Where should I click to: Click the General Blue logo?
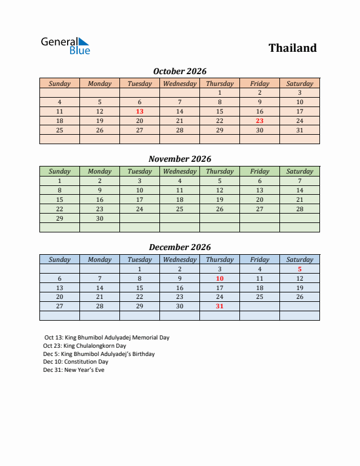65,46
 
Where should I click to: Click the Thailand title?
292,48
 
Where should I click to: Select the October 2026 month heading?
179,71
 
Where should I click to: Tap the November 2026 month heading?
179,159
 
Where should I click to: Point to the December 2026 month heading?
179,247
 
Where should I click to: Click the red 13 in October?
139,111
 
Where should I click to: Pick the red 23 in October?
259,121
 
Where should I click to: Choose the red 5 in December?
299,269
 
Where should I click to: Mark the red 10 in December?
219,278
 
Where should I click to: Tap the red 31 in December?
219,306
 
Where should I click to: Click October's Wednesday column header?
179,84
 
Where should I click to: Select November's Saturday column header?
299,171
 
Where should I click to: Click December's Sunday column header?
59,259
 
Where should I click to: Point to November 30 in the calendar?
99,218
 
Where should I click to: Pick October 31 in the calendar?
299,130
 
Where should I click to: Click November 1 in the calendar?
59,181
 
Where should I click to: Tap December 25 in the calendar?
259,297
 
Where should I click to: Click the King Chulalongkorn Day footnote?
85,346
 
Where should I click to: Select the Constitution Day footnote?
75,362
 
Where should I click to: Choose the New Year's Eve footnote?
74,370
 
